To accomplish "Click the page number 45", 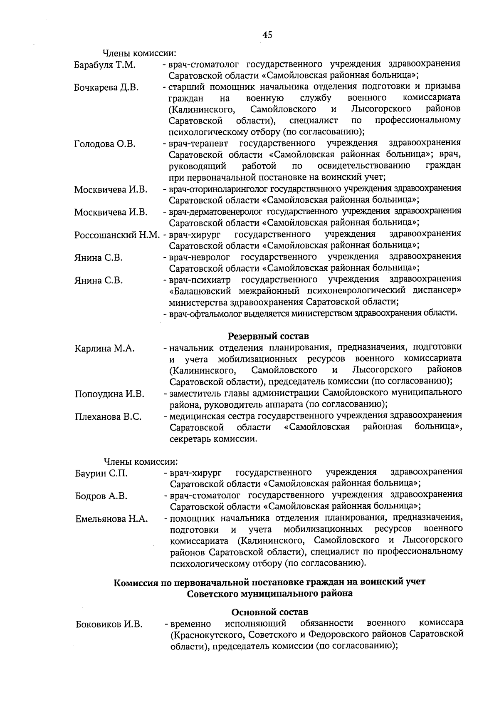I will [267, 35].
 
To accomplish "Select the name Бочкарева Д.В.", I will [106, 88].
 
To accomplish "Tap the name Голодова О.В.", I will [105, 144].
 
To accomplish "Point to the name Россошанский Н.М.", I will [117, 235].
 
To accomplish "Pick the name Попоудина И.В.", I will [109, 394].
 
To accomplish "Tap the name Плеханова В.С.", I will [108, 417].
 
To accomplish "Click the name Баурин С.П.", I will [101, 473].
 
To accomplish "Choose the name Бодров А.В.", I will [101, 496].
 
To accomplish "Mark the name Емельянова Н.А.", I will [111, 519].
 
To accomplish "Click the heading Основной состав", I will [269, 612].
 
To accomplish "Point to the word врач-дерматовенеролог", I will [215, 211].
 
